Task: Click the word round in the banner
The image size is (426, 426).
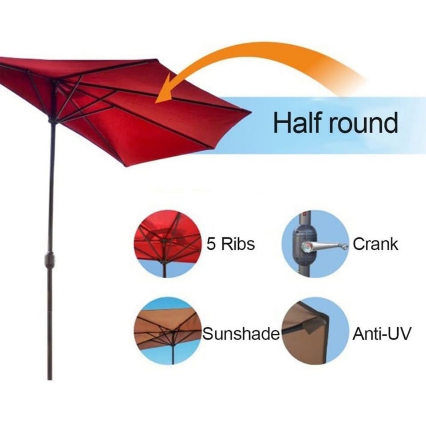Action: tap(364, 123)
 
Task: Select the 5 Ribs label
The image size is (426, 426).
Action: tap(231, 244)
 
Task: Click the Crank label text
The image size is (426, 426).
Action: tap(375, 244)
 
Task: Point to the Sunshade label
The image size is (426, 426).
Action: tap(241, 334)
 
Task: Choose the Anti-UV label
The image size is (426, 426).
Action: tap(381, 334)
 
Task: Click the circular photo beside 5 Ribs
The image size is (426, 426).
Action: tap(168, 244)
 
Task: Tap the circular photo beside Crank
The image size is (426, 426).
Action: tap(315, 244)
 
